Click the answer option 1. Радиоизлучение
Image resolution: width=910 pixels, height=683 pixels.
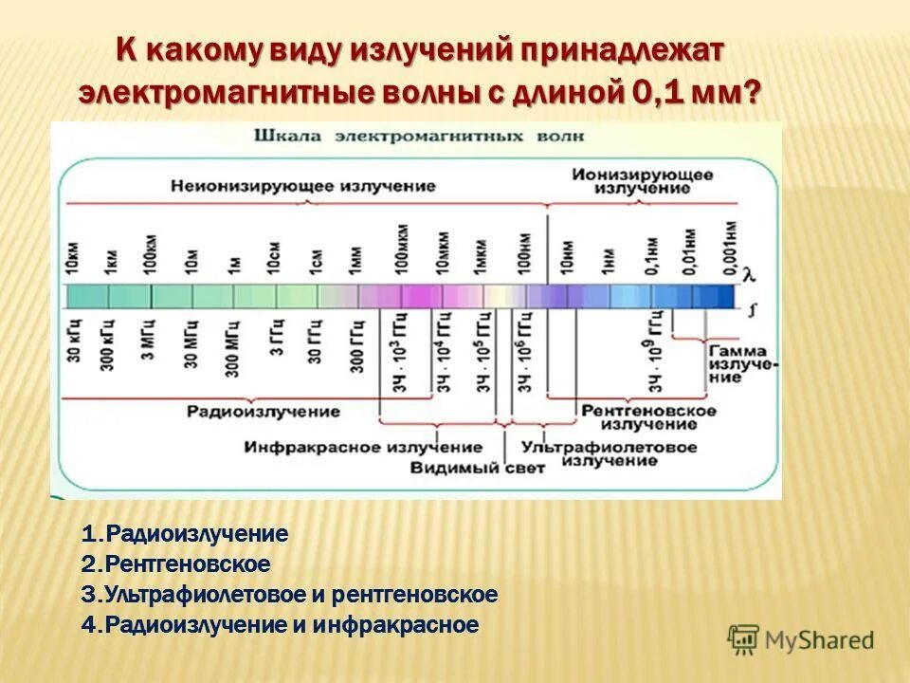[185, 534]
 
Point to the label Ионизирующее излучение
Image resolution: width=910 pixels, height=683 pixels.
[642, 182]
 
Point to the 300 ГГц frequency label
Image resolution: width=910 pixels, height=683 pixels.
[356, 344]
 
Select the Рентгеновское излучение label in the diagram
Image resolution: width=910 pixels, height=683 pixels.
[649, 418]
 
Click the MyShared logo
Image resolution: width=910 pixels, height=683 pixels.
[801, 640]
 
